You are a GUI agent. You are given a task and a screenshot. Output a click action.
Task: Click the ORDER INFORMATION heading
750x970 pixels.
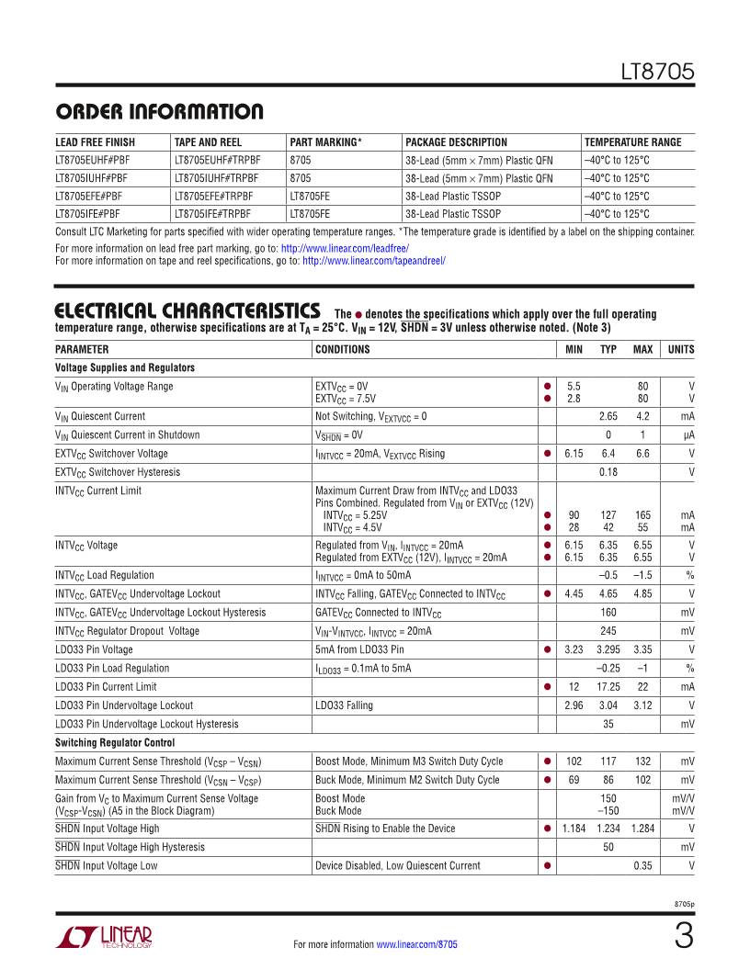click(159, 113)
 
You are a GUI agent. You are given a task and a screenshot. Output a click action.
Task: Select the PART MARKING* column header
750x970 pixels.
click(325, 142)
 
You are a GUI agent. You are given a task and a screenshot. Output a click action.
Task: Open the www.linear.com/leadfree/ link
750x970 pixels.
click(345, 248)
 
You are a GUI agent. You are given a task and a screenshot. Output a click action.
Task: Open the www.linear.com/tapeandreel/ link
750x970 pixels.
click(374, 261)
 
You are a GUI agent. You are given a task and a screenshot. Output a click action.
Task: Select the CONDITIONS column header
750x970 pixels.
click(343, 349)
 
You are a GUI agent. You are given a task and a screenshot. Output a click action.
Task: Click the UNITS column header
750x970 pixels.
click(681, 349)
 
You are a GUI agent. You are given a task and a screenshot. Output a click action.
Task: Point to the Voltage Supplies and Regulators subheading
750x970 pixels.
click(125, 367)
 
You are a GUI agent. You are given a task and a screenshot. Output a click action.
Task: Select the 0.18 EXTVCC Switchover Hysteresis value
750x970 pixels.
click(608, 471)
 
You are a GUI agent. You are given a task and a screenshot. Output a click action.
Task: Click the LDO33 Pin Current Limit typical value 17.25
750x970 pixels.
click(608, 686)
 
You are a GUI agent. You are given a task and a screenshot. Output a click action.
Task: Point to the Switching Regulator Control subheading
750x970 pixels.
click(115, 742)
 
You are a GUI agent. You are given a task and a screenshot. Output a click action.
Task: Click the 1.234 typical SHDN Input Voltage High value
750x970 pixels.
click(608, 829)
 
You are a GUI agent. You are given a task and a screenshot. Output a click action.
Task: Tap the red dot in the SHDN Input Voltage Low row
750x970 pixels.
click(547, 865)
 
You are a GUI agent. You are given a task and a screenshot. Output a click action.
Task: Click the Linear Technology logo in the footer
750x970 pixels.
click(104, 938)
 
